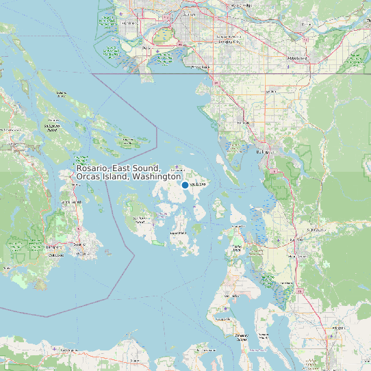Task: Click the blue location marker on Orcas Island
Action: click(x=185, y=186)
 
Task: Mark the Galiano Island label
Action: click(x=61, y=92)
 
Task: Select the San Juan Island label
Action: click(x=141, y=220)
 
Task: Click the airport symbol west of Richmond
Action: click(x=122, y=14)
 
